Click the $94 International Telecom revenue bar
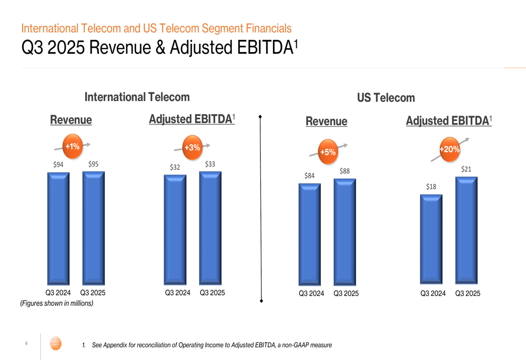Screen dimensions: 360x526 [x=58, y=229]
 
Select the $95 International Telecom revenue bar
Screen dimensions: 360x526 [x=93, y=228]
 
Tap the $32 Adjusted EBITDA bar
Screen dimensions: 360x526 [x=175, y=230]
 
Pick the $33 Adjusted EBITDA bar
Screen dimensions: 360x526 [x=210, y=228]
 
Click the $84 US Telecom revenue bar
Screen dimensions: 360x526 [x=309, y=234]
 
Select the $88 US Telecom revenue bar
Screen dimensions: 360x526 [x=345, y=232]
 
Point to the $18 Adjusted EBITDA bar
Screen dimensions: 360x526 [x=431, y=239]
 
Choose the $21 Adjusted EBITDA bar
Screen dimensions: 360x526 [x=466, y=230]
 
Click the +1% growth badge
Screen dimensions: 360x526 [x=72, y=146]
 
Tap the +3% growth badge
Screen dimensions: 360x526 [x=192, y=148]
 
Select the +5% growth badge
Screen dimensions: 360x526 [x=328, y=152]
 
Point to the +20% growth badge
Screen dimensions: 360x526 [x=450, y=149]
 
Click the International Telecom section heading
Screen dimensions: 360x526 [x=137, y=97]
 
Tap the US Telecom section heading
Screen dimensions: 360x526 [x=386, y=98]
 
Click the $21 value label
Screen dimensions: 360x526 [x=466, y=169]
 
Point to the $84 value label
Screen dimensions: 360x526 [x=309, y=176]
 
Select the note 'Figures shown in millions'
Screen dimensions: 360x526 [x=56, y=303]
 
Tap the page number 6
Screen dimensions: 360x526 [x=26, y=344]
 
